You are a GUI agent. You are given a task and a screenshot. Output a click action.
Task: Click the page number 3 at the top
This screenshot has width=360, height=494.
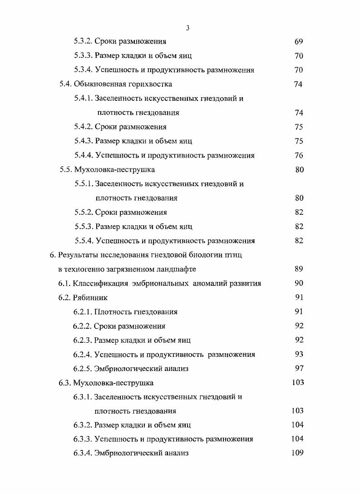click(x=187, y=28)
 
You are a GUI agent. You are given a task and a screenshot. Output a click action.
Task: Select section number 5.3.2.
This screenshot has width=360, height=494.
click(x=84, y=42)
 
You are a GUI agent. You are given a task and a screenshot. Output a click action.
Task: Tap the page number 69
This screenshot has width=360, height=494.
click(x=298, y=42)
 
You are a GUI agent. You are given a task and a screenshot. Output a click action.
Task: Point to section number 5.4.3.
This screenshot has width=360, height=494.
click(x=84, y=141)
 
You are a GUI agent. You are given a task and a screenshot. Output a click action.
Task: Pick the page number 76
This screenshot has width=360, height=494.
click(x=298, y=155)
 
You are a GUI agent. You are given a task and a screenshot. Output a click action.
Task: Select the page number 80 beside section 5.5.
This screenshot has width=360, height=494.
click(x=299, y=170)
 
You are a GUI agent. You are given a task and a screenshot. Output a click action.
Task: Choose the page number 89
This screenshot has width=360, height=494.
click(x=298, y=269)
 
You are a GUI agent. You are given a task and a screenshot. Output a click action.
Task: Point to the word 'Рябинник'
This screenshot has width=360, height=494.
click(x=90, y=298)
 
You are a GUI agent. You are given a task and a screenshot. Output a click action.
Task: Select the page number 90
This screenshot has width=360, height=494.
click(x=298, y=283)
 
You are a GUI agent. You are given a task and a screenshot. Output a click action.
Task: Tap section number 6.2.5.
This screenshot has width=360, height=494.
click(x=82, y=369)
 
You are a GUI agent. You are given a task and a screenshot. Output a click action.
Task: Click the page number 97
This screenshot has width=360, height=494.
click(x=298, y=368)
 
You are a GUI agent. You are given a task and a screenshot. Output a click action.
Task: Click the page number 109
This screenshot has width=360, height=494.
click(x=297, y=453)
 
